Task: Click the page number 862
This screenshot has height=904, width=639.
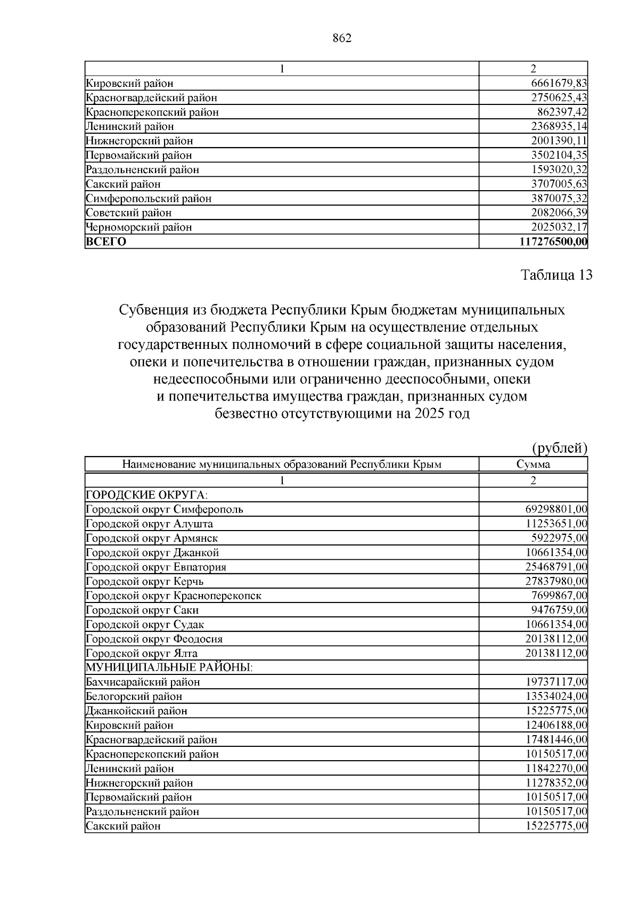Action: click(342, 38)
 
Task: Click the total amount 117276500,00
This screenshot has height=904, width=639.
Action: click(553, 242)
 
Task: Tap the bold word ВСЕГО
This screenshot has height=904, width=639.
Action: click(106, 242)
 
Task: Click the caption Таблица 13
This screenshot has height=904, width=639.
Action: click(556, 275)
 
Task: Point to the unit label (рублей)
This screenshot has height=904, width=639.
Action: click(560, 448)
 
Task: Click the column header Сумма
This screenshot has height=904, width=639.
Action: click(533, 464)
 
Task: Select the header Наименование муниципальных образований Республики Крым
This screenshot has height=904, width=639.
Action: click(282, 464)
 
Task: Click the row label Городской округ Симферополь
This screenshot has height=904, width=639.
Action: click(165, 509)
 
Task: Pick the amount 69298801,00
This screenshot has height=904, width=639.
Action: click(556, 509)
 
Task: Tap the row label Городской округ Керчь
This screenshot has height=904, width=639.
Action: click(144, 581)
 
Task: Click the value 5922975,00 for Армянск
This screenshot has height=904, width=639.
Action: click(559, 538)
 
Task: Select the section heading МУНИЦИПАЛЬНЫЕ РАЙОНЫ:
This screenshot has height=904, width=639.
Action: click(169, 667)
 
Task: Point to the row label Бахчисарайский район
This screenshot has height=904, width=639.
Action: click(143, 682)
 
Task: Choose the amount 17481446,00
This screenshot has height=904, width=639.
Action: click(556, 739)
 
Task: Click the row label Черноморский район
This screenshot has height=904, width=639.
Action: click(138, 227)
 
